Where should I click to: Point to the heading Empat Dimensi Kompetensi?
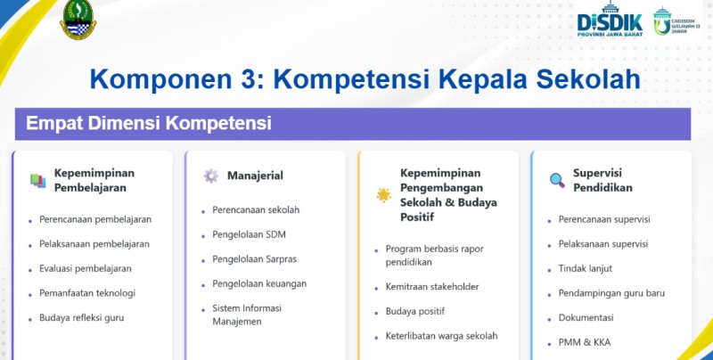tap(148, 123)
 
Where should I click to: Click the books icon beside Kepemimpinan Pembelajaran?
tap(37, 180)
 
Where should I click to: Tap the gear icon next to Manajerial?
tap(210, 176)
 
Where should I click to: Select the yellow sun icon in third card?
tap(383, 194)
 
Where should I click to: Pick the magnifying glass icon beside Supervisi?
tap(557, 180)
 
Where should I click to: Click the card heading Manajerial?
tap(255, 176)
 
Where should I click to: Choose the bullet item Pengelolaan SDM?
tap(249, 234)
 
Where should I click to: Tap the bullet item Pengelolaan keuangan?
tap(259, 283)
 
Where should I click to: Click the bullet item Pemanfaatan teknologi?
tap(87, 292)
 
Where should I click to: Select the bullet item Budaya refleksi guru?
tap(82, 317)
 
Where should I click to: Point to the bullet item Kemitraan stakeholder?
tap(432, 286)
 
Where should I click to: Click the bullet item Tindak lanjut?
tap(586, 267)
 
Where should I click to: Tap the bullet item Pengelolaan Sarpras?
tap(254, 259)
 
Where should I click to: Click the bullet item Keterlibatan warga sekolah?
tap(441, 336)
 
